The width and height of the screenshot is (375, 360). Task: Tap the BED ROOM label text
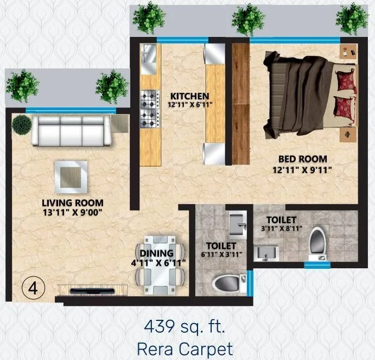pos(303,159)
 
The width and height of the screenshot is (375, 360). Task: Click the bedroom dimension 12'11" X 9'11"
pos(302,169)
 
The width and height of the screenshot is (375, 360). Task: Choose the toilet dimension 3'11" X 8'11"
pos(281,229)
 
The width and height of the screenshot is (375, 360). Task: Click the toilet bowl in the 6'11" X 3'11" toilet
pos(226,283)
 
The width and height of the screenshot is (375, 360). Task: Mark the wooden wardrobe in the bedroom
pos(240,103)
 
